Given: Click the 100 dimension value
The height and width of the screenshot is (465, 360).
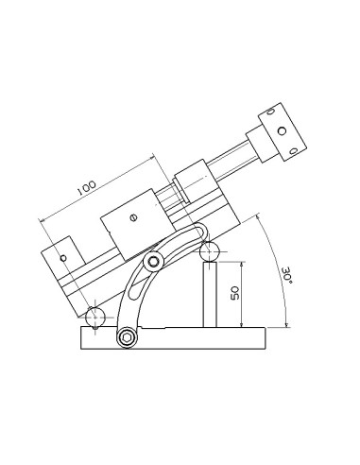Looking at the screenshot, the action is tap(86, 188).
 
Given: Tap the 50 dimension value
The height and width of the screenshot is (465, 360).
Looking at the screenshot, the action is tap(235, 293).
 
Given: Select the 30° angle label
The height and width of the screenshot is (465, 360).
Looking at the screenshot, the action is tap(287, 276).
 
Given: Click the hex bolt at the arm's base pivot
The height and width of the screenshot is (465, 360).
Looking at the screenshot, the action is tap(127, 338).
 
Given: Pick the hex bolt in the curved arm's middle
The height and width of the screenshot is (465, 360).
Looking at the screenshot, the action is tap(154, 262).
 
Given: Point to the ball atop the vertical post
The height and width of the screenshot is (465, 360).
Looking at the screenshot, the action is tap(210, 251).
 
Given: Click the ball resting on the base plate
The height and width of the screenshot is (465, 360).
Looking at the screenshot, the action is tap(95, 317).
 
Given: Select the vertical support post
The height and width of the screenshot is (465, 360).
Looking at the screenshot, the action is tap(210, 295).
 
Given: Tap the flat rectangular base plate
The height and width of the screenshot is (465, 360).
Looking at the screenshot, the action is tap(174, 338).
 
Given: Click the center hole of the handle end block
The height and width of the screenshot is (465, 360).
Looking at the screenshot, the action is tap(282, 130).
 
